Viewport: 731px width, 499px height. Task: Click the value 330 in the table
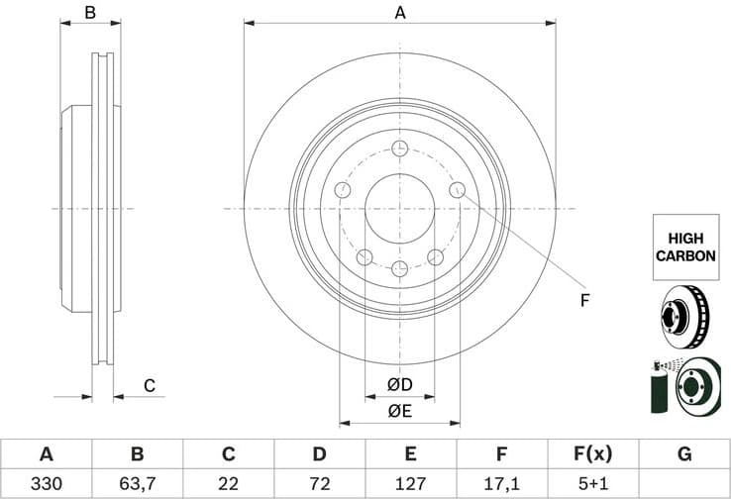(x=46, y=484)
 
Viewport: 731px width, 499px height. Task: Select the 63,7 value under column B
(x=138, y=484)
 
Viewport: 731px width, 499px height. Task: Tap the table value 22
(x=228, y=484)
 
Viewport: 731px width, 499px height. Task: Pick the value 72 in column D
(x=319, y=484)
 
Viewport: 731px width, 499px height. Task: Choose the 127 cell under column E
(x=411, y=484)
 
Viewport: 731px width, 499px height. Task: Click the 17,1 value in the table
(x=502, y=484)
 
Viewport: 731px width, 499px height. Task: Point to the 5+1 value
(x=593, y=484)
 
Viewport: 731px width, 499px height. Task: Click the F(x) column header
(x=593, y=454)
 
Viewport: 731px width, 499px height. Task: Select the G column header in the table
(x=684, y=454)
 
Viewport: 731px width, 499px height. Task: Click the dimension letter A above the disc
(x=400, y=13)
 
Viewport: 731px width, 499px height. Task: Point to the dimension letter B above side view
(x=89, y=13)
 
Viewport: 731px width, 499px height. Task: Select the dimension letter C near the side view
(x=150, y=385)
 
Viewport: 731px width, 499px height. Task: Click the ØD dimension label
(x=399, y=384)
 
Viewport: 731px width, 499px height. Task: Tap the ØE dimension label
(x=399, y=410)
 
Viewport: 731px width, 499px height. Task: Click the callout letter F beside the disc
(x=584, y=300)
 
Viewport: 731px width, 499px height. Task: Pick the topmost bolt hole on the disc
(x=400, y=149)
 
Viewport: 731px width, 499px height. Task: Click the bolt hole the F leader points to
(x=457, y=189)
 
